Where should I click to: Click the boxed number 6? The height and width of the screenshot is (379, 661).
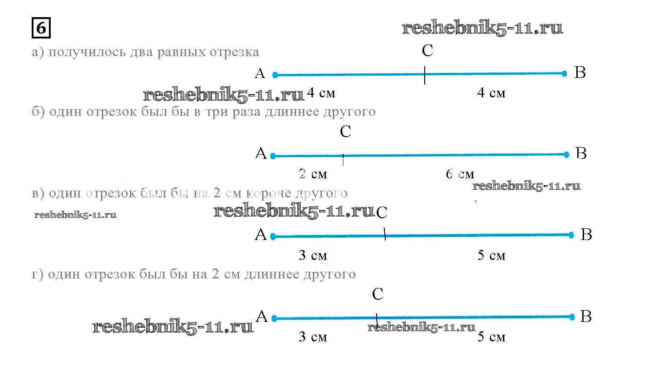tap(41, 29)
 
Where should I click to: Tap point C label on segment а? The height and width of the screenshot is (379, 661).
tap(427, 51)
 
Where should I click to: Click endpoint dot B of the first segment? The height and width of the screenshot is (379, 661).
tap(564, 73)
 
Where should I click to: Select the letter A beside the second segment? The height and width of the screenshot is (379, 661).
tap(261, 154)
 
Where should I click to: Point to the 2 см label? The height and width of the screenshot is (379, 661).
tap(312, 174)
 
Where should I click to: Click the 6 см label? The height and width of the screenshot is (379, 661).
tap(460, 174)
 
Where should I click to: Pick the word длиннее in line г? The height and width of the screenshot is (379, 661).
tap(272, 274)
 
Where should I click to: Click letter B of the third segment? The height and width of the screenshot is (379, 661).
tap(586, 235)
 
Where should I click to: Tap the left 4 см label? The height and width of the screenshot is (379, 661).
tap(321, 93)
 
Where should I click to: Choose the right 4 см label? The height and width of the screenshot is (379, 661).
tap(491, 93)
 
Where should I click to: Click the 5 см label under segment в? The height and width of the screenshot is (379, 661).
tap(491, 255)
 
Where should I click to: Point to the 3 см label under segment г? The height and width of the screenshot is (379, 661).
tap(312, 336)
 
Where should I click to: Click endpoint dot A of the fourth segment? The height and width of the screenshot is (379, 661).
tap(273, 318)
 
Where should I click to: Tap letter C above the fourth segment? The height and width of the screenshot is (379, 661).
tap(378, 294)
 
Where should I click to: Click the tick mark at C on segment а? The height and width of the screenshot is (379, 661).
tap(425, 75)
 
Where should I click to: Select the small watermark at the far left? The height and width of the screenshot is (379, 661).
tap(75, 215)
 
